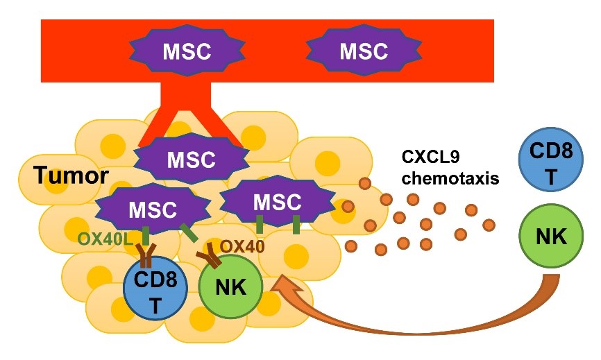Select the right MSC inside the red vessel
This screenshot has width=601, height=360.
click(x=363, y=52)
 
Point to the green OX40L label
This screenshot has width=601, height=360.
click(x=105, y=239)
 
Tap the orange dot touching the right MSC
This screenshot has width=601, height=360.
click(x=348, y=206)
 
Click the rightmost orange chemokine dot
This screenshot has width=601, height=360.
click(x=489, y=224)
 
